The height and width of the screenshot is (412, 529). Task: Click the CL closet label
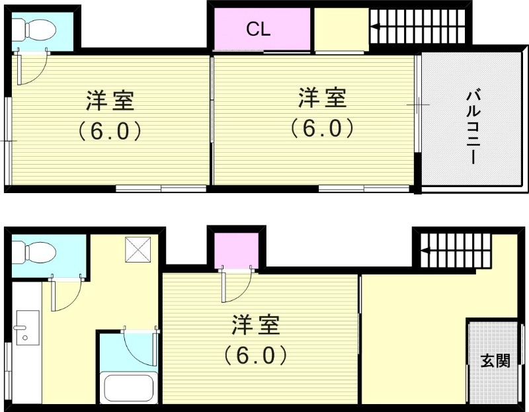click(259, 29)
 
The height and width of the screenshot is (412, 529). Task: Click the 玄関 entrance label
click(495, 361)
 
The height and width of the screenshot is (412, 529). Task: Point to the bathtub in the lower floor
click(127, 388)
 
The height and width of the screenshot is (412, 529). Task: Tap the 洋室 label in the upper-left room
click(110, 101)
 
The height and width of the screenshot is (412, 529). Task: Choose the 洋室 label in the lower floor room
click(255, 326)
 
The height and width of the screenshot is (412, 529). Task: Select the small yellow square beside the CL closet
click(340, 29)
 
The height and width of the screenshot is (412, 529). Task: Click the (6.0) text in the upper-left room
click(110, 131)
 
